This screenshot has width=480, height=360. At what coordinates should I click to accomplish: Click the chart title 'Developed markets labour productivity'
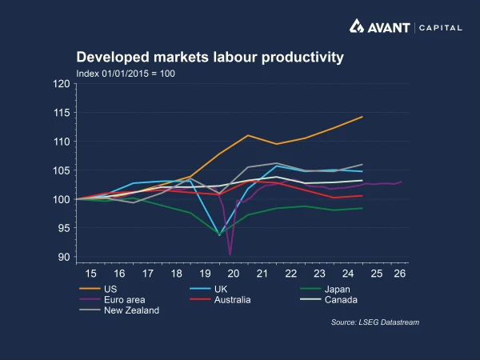click(x=210, y=58)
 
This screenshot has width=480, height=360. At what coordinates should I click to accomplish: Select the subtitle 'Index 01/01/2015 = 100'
click(x=126, y=74)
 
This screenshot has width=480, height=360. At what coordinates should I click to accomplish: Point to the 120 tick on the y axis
click(x=62, y=83)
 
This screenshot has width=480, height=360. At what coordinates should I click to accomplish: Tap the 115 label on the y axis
click(x=62, y=113)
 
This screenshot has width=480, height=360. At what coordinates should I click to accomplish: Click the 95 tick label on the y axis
click(x=64, y=228)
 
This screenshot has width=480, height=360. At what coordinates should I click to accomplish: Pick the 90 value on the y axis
click(x=64, y=257)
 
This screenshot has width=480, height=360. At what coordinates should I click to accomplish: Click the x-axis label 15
click(x=90, y=274)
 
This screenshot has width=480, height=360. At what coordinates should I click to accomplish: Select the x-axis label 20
click(x=234, y=274)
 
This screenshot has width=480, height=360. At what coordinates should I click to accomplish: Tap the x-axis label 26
click(x=400, y=274)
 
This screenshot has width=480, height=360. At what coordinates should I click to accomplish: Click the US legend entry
click(x=98, y=289)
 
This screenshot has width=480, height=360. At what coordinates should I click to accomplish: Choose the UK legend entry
click(x=209, y=289)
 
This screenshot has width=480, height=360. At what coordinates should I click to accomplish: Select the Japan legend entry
click(x=325, y=289)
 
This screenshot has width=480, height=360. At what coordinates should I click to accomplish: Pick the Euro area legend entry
click(x=112, y=300)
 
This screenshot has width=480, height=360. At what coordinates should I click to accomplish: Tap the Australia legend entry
click(x=220, y=300)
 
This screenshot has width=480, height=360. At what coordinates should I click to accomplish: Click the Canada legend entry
click(x=329, y=300)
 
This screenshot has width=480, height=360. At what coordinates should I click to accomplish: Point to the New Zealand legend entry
click(x=119, y=310)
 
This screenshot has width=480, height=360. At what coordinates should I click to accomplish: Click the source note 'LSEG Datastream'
click(x=389, y=322)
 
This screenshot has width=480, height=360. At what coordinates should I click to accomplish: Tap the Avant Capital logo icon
click(x=357, y=26)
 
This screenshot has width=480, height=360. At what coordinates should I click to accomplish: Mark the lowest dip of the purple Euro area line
click(x=230, y=254)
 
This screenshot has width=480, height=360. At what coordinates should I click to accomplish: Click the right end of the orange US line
click(x=362, y=117)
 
